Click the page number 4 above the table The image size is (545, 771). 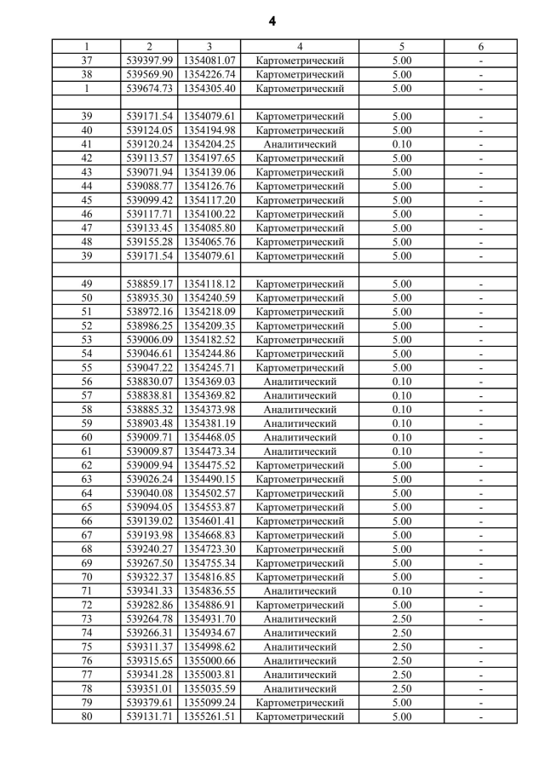point(272,20)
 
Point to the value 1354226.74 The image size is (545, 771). point(209,74)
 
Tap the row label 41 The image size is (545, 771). point(86,144)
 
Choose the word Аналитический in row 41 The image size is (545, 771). point(300,144)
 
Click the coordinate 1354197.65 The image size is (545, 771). point(209,158)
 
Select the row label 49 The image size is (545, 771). point(86,284)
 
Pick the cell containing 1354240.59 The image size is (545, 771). point(209,298)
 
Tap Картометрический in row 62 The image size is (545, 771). point(300,465)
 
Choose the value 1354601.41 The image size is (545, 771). point(209,521)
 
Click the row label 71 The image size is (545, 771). point(86,591)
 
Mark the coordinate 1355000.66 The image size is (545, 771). point(209,661)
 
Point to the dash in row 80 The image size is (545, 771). point(481,717)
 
